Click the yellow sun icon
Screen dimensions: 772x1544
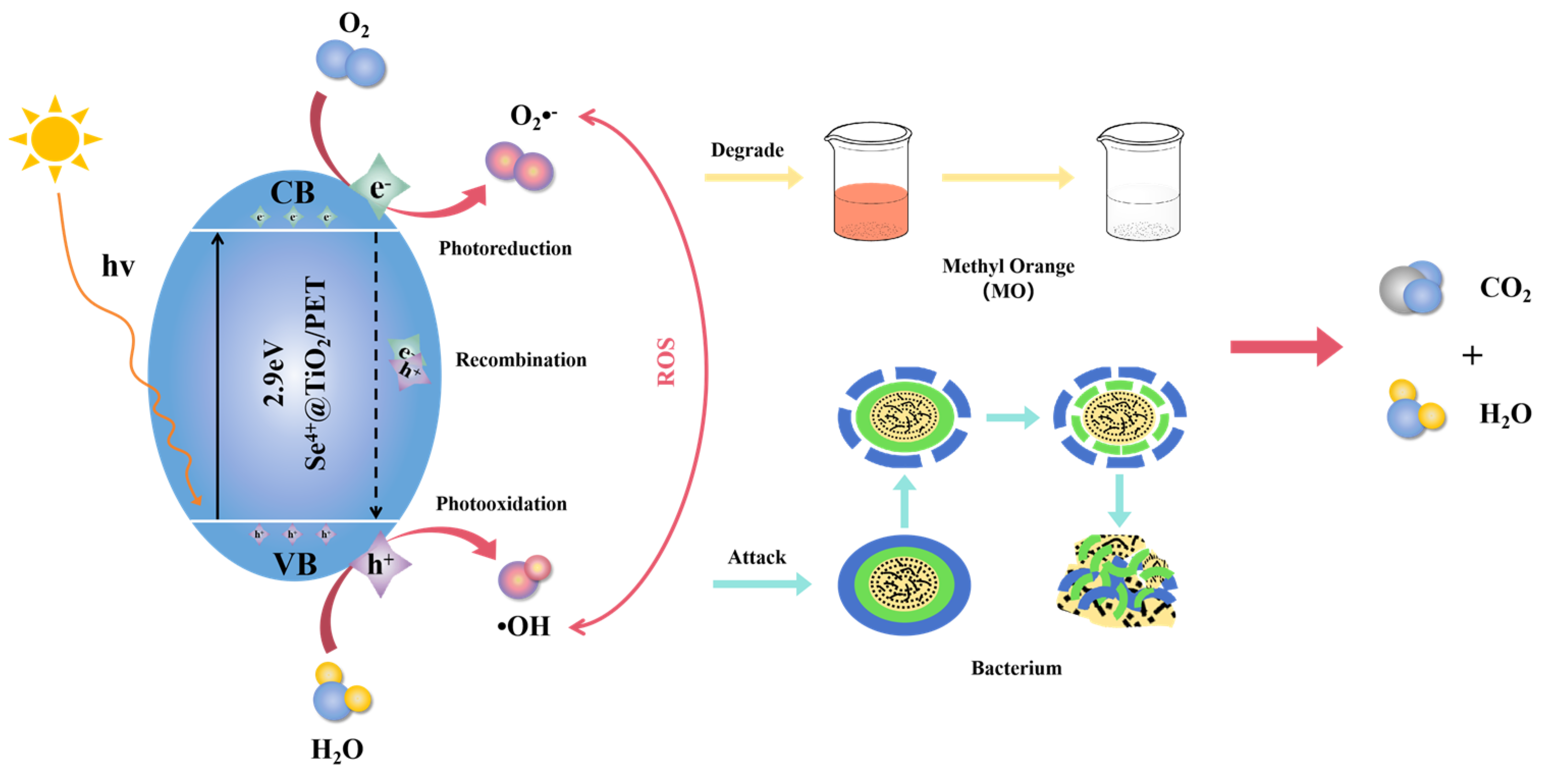coord(55,139)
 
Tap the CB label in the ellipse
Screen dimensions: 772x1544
coord(292,193)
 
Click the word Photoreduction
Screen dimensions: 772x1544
coord(505,248)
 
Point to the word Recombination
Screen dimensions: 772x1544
coord(520,360)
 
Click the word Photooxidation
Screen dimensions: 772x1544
coord(501,504)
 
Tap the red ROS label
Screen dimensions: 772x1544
coord(666,362)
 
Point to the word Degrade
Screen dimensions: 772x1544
coord(747,150)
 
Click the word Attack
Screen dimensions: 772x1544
coord(756,558)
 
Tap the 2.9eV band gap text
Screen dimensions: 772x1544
coord(274,373)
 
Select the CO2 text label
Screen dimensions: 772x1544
coord(1504,289)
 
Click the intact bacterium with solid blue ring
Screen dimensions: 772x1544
coord(904,585)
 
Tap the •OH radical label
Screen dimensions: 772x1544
coord(524,626)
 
